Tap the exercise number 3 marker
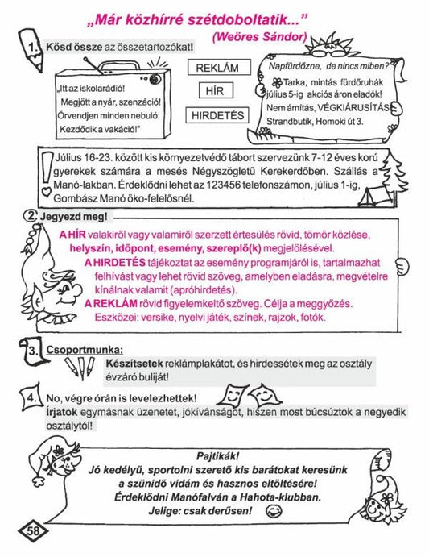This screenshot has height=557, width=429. coord(31,353)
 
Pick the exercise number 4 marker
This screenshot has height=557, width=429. coord(31,397)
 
